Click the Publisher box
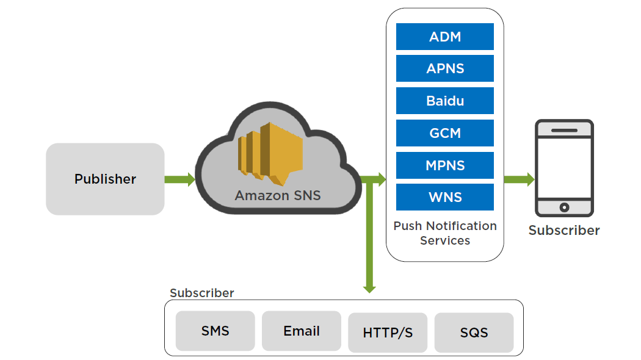click(105, 179)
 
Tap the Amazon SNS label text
click(278, 196)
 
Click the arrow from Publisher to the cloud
click(179, 179)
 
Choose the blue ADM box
click(445, 37)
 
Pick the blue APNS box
click(445, 68)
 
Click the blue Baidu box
click(445, 101)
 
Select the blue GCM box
click(445, 133)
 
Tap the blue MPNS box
click(445, 165)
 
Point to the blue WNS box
click(445, 197)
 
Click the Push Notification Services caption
click(445, 233)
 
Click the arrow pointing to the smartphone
click(519, 179)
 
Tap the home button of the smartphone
click(564, 207)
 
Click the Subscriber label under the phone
click(564, 231)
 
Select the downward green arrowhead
click(369, 286)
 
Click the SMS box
click(215, 331)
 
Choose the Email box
click(302, 331)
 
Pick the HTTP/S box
click(388, 333)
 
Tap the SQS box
click(474, 333)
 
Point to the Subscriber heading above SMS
click(201, 293)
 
